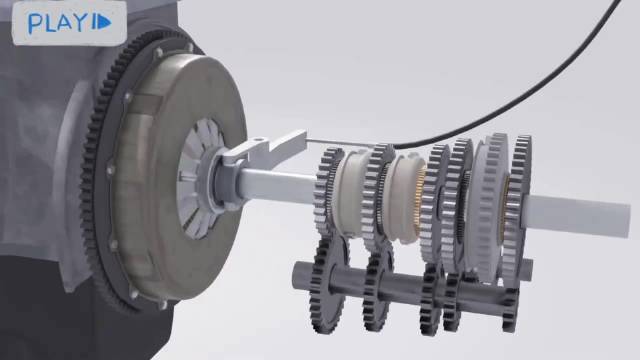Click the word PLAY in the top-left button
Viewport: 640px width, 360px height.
click(56, 23)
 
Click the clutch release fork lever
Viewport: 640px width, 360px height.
click(265, 151)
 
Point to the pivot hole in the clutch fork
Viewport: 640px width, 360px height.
click(257, 141)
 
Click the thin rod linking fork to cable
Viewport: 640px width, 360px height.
click(347, 142)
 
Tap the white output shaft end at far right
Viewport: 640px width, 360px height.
click(578, 214)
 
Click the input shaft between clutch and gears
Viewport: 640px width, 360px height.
click(278, 187)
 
